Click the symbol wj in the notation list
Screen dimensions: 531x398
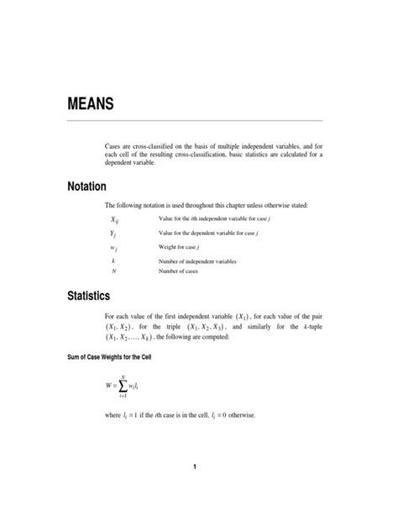(113, 248)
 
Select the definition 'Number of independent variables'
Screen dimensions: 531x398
(197, 261)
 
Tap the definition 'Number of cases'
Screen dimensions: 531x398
(180, 271)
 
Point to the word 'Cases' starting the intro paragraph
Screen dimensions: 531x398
(113, 145)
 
